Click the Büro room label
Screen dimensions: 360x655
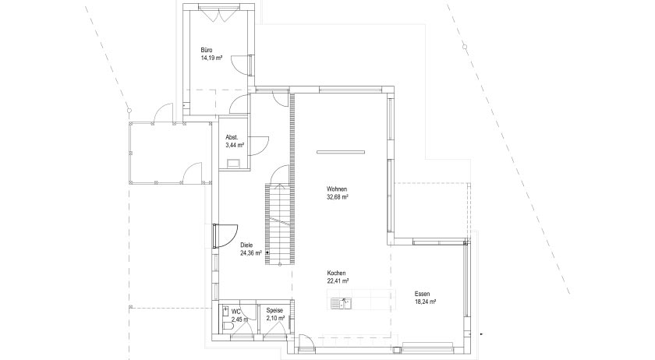coord(207,50)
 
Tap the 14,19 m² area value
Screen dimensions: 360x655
coord(212,58)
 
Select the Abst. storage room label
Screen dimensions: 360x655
coord(232,136)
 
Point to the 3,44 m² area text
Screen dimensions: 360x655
coord(235,145)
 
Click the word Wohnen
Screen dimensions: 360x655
coord(337,189)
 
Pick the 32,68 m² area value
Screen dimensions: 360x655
coord(337,198)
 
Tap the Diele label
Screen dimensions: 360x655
coord(247,245)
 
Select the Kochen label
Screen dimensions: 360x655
coord(337,274)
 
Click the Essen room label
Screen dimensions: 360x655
coord(422,293)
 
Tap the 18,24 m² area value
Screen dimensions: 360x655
coord(425,302)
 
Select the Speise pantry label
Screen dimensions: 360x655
coord(274,310)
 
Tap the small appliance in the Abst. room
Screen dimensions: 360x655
coord(234,163)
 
